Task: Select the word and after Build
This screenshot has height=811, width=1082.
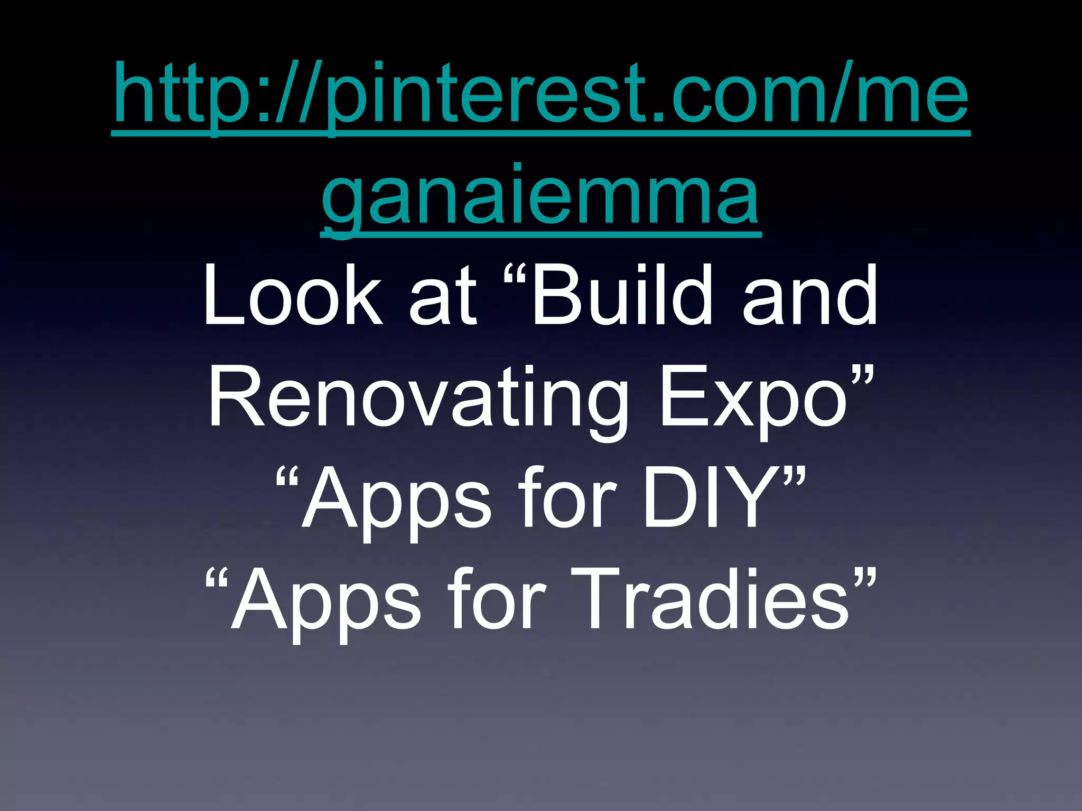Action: tap(811, 296)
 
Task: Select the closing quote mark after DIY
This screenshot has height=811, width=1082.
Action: tap(794, 478)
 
